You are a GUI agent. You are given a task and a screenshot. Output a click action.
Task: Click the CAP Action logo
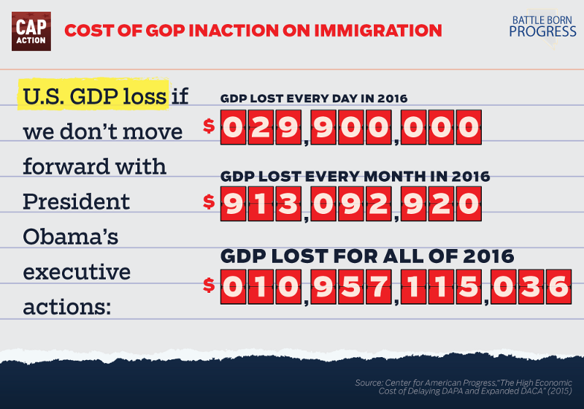[31, 31]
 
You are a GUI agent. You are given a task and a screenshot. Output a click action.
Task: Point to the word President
[76, 202]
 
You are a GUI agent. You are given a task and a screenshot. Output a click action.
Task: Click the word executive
[77, 272]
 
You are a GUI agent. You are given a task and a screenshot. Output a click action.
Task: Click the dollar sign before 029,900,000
[209, 126]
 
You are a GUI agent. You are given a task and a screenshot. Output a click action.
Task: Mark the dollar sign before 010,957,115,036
[209, 286]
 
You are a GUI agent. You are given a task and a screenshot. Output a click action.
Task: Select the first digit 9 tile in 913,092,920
[233, 204]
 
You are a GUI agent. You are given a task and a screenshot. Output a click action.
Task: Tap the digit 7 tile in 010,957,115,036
[377, 286]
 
